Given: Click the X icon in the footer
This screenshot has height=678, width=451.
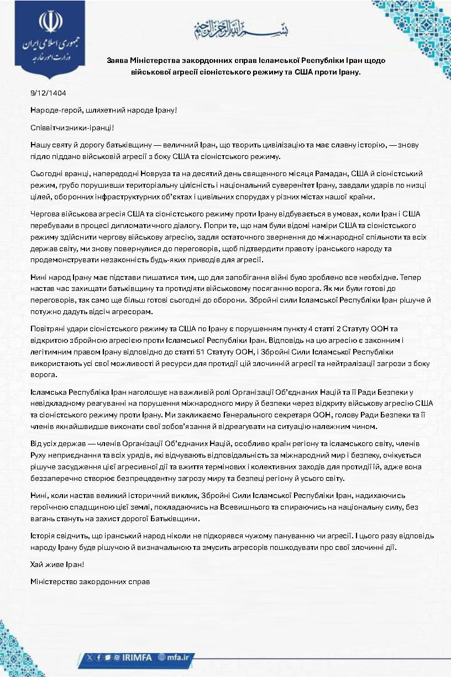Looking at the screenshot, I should tap(91, 657).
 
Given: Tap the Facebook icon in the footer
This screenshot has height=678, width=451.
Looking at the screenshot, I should tap(99, 657).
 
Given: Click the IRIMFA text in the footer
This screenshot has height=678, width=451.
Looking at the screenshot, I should tap(139, 657).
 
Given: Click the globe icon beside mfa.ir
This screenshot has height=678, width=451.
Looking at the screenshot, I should tap(162, 657).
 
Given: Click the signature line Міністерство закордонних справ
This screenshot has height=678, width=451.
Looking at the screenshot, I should tap(91, 581).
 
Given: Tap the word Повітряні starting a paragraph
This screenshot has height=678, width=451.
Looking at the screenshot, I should tap(50, 329).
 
